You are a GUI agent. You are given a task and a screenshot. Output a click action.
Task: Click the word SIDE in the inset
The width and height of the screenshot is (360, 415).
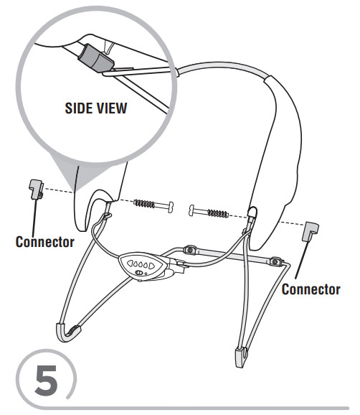point(78,108)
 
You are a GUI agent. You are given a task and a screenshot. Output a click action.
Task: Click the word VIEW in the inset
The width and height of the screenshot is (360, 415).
point(112,108)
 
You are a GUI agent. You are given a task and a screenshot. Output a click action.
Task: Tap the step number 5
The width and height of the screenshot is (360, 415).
point(47,381)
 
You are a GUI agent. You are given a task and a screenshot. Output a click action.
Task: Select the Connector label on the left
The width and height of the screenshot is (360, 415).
point(44,242)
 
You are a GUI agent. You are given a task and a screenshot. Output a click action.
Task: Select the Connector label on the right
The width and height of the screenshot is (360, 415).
point(311,289)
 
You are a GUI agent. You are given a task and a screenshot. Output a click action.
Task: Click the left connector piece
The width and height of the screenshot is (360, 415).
point(36,189)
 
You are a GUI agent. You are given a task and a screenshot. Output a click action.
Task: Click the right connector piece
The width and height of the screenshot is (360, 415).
point(310,232)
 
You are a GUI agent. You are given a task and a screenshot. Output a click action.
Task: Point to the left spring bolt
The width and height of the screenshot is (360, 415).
point(153,205)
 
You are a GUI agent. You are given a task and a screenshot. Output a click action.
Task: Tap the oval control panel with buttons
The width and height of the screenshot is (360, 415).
point(143,266)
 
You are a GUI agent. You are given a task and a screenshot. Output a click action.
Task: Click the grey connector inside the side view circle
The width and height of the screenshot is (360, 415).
point(95,58)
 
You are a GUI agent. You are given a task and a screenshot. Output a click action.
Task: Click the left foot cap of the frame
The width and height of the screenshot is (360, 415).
point(67,332)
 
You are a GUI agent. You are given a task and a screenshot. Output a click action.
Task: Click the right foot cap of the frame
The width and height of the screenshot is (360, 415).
point(242,357)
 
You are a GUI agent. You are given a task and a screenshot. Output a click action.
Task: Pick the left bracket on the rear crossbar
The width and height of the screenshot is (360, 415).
point(190,250)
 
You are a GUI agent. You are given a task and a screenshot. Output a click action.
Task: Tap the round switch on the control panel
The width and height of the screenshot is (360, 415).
point(138,273)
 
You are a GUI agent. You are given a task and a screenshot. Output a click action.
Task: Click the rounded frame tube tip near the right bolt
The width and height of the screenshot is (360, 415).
point(252,212)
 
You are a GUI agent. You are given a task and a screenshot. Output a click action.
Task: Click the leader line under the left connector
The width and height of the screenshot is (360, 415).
point(34,217)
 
